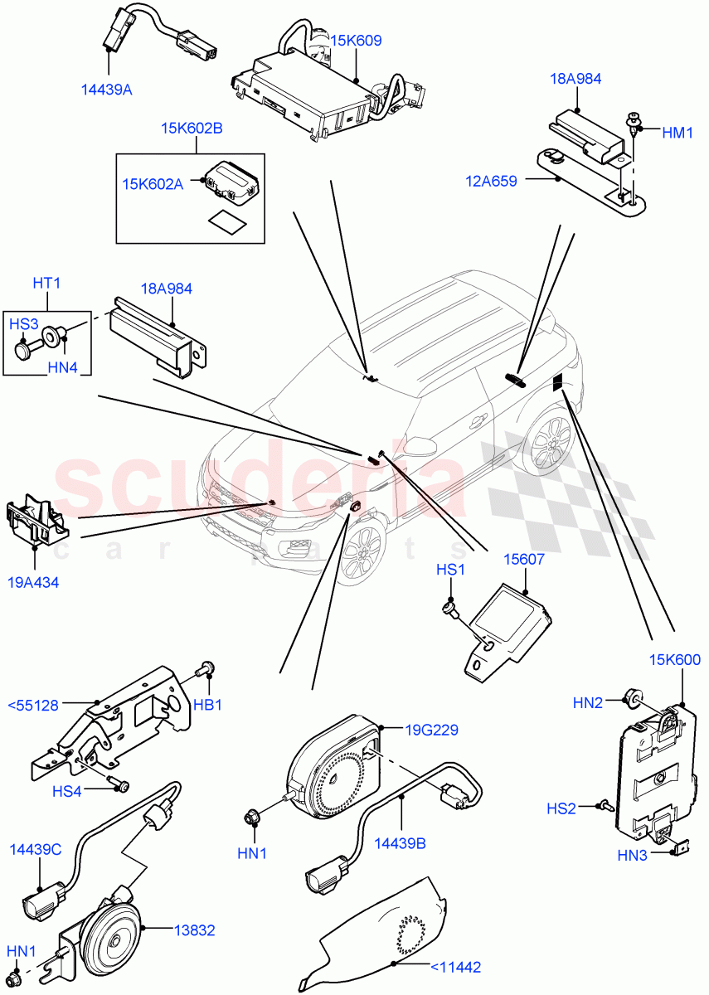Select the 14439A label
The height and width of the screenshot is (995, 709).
106,90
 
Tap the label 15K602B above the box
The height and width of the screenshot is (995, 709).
192,129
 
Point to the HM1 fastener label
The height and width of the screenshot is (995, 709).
677,132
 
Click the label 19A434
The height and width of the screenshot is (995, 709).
34,582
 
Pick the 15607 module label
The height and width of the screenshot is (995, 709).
523,560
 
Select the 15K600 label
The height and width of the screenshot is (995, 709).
676,661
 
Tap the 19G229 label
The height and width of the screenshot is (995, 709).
431,730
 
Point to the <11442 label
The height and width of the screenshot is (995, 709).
455,966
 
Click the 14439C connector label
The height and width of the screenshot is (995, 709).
36,850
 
